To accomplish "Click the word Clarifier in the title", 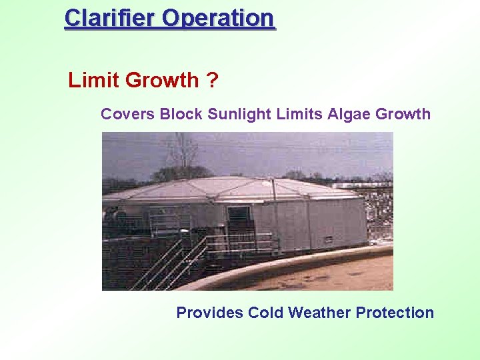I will pyautogui.click(x=110, y=18).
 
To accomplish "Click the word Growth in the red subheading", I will pyautogui.click(x=162, y=81).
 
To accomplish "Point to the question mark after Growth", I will pyautogui.click(x=212, y=81).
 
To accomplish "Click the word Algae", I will pyautogui.click(x=349, y=114).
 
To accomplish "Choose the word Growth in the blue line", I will pyautogui.click(x=403, y=114).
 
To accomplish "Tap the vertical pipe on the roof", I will pyautogui.click(x=273, y=190).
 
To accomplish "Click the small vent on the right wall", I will pyautogui.click(x=329, y=239).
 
